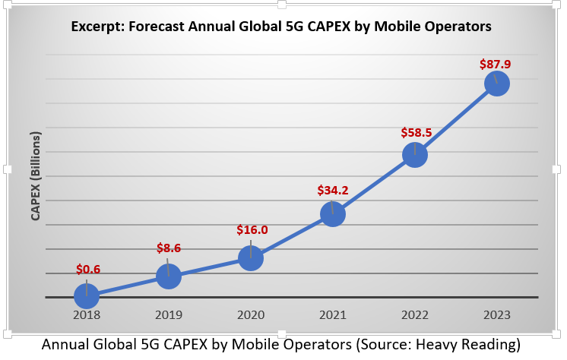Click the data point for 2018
point(87,295)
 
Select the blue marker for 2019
point(168,276)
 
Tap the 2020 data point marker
point(251,258)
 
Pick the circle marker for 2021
point(333,214)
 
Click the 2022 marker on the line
point(415,155)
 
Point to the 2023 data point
point(496,83)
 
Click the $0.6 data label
point(89,269)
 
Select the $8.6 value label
point(169,248)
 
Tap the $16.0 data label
point(252,229)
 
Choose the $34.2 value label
point(334,189)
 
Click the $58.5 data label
point(417,132)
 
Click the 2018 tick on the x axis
point(87,314)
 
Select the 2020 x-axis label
point(251,314)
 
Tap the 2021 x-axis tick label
point(333,314)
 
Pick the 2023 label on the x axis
point(496,314)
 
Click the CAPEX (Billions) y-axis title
point(36,175)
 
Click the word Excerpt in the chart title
point(97,27)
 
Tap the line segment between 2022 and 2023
point(456,118)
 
